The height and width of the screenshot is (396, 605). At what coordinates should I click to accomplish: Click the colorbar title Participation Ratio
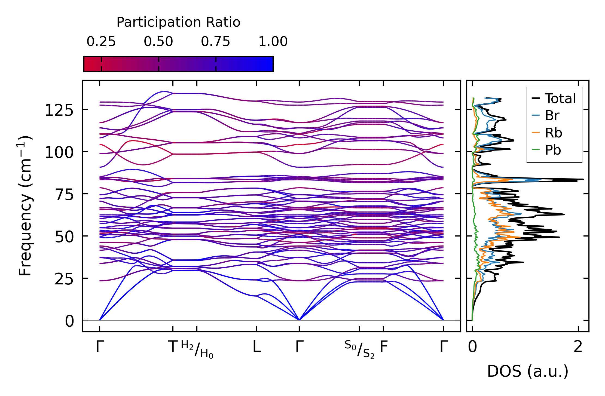(x=178, y=22)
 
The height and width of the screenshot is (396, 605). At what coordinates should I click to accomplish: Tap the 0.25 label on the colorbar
(x=101, y=42)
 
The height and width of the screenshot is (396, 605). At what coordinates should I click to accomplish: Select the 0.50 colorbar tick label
(x=158, y=42)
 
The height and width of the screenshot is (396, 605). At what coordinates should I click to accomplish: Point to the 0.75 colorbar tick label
(x=216, y=42)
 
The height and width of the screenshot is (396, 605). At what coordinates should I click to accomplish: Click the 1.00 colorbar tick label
(x=273, y=42)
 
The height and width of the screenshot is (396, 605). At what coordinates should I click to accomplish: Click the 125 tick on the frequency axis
(x=59, y=111)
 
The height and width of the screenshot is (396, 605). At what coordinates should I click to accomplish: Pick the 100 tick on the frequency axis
(x=59, y=153)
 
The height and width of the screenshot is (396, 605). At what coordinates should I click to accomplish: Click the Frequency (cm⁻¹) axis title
(x=25, y=206)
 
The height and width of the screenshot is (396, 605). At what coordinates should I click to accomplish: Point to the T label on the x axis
(x=173, y=347)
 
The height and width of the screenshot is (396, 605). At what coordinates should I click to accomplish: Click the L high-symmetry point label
(x=256, y=347)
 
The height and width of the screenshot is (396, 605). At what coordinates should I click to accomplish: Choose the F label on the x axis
(x=384, y=347)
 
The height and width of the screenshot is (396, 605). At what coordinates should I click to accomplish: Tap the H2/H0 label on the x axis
(x=197, y=349)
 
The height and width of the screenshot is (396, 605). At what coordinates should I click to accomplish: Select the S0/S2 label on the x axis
(x=359, y=349)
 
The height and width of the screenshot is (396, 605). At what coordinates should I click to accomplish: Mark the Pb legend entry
(x=553, y=150)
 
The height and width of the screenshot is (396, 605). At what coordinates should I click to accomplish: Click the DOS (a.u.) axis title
(x=528, y=372)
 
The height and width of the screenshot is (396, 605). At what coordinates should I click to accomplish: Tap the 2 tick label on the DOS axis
(x=578, y=347)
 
